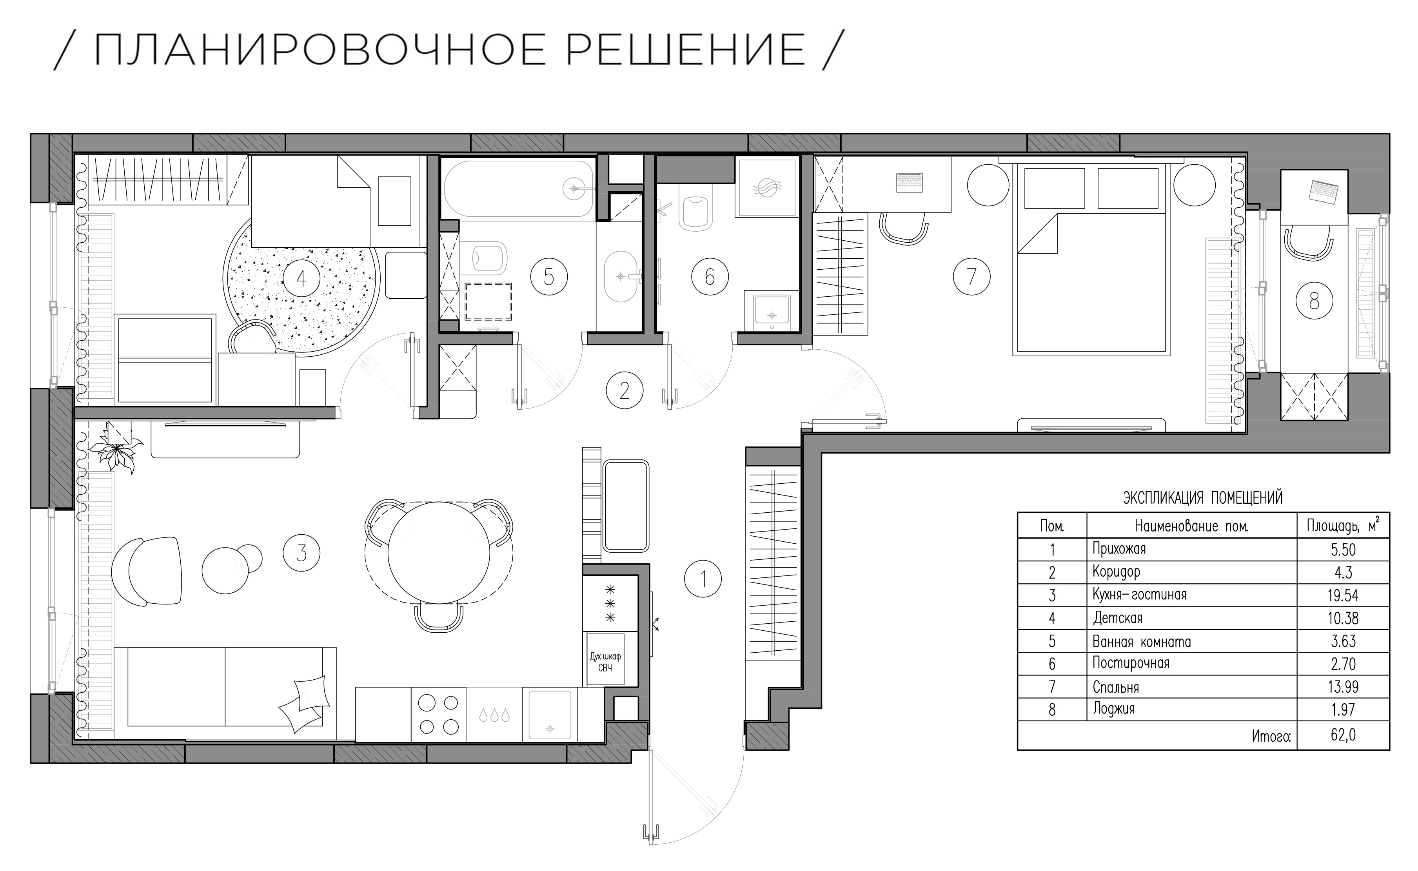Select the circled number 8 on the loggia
[x=1314, y=301]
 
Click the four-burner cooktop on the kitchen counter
[x=438, y=714]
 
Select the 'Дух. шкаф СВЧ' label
[x=605, y=662]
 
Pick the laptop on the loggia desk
[x=1323, y=191]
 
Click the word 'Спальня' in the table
[x=1116, y=687]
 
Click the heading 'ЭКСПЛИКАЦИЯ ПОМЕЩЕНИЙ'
[x=1203, y=498]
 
